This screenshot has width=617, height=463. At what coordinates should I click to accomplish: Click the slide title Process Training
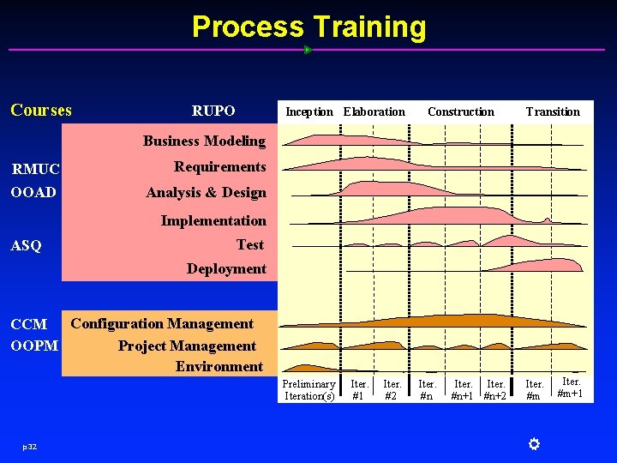(x=308, y=27)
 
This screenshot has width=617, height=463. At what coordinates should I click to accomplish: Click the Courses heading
(x=41, y=110)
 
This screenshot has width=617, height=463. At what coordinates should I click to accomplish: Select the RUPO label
(x=213, y=111)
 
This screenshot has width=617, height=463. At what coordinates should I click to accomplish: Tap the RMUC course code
(x=36, y=169)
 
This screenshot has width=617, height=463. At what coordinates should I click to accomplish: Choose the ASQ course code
(x=26, y=246)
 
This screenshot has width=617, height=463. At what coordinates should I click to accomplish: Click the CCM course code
(x=29, y=325)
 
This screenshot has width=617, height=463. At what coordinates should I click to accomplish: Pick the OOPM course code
(x=35, y=346)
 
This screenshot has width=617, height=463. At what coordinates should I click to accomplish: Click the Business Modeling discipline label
(x=204, y=141)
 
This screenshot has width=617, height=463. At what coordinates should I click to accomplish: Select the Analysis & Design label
(x=206, y=193)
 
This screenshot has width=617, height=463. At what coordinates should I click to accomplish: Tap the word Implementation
(x=213, y=220)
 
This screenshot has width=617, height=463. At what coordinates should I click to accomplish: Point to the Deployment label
(x=226, y=268)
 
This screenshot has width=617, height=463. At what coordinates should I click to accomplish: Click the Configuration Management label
(x=162, y=323)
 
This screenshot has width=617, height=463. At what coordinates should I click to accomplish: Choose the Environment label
(x=219, y=366)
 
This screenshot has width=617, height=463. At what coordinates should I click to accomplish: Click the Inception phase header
(x=309, y=111)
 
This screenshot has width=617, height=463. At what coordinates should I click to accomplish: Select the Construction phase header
(x=461, y=111)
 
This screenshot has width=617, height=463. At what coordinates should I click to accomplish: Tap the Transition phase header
(x=553, y=111)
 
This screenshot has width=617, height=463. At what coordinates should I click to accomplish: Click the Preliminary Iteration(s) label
(x=309, y=390)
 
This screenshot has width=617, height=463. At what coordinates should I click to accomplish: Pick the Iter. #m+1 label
(x=571, y=388)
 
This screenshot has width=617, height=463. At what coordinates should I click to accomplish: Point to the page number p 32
(x=29, y=447)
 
